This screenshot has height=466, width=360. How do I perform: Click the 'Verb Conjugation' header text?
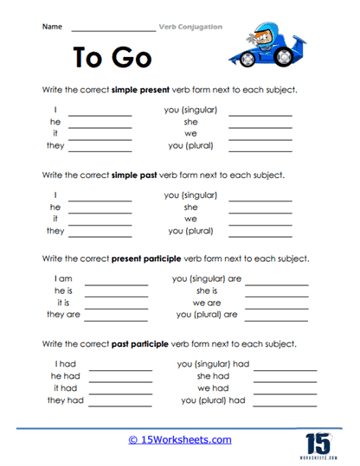click(x=191, y=27)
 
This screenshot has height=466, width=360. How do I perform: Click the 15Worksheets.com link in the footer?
click(x=180, y=440)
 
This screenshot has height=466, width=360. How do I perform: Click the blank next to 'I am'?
click(x=116, y=282)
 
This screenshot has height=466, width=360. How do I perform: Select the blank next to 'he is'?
click(x=116, y=294)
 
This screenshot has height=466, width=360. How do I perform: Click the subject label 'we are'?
click(x=207, y=303)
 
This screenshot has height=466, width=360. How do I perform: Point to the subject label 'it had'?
click(x=66, y=388)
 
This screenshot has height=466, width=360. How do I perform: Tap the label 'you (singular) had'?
click(x=213, y=364)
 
